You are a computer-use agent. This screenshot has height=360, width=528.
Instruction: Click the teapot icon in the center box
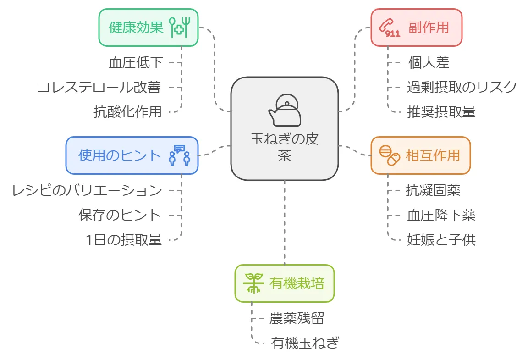(285, 110)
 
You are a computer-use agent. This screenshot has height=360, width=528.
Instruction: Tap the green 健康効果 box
(148, 28)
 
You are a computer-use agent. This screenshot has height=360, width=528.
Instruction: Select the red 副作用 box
(416, 28)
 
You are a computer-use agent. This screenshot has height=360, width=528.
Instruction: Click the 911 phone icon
(389, 28)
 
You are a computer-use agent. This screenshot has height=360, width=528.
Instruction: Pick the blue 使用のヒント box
(132, 155)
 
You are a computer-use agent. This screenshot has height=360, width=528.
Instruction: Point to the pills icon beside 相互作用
(389, 155)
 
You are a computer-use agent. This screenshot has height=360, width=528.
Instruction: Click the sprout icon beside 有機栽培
(253, 283)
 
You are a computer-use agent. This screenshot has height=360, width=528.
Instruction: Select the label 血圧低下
(136, 63)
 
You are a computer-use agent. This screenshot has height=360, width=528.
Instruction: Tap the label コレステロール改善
(99, 87)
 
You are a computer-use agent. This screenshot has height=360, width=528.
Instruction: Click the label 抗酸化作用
(127, 112)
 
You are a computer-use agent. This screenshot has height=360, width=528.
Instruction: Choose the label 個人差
(429, 63)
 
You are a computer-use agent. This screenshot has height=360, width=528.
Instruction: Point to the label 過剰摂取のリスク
(462, 87)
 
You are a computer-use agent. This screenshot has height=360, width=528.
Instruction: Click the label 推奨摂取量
(441, 112)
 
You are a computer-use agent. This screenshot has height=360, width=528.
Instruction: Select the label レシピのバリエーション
(87, 190)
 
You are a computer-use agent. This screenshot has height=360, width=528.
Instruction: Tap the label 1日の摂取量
(124, 240)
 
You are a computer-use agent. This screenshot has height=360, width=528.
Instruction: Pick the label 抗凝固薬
(433, 190)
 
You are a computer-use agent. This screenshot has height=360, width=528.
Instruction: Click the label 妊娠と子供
(441, 240)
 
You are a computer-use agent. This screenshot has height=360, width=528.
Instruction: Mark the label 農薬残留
(297, 318)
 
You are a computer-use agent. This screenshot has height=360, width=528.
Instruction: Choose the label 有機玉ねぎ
(305, 343)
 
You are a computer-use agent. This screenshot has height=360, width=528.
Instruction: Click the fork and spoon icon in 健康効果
(180, 27)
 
